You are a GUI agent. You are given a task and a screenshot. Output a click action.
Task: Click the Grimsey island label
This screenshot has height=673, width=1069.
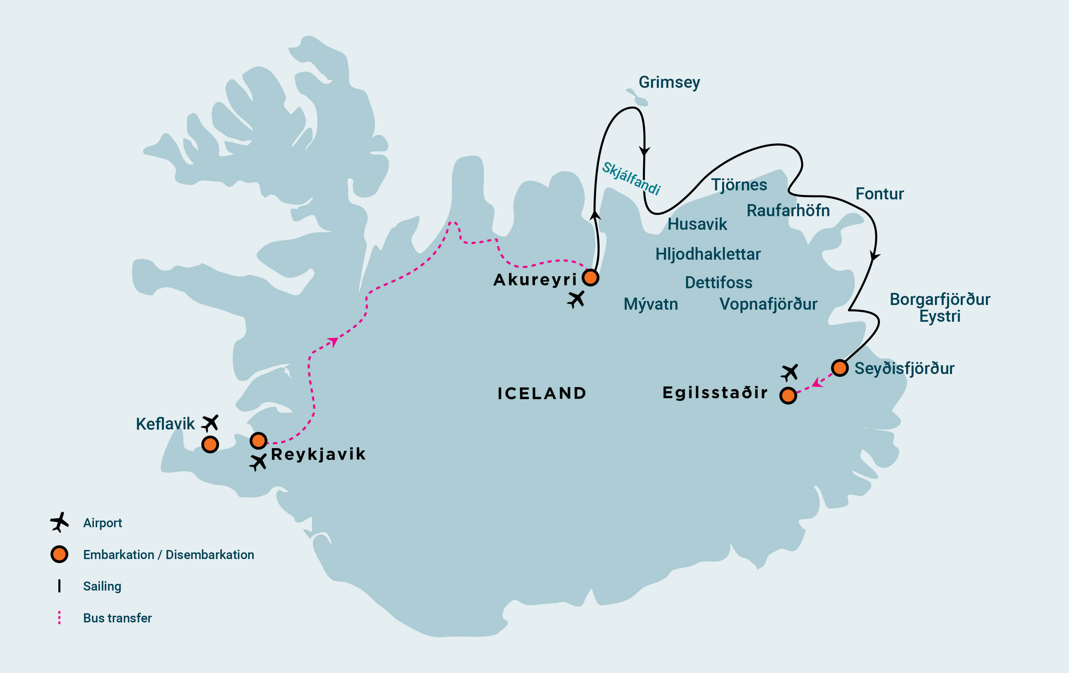(x=669, y=82)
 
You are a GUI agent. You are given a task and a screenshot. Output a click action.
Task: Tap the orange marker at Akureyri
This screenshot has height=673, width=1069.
(x=590, y=278)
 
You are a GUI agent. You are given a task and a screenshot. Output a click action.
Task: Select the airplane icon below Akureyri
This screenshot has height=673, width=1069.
(x=576, y=300)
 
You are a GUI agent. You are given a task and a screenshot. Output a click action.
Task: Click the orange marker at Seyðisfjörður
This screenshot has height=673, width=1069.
(x=839, y=368)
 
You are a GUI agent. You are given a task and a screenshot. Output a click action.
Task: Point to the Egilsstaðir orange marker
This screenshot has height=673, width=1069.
(x=788, y=395)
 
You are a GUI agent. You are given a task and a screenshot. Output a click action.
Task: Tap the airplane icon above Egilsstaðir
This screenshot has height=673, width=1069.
(x=789, y=372)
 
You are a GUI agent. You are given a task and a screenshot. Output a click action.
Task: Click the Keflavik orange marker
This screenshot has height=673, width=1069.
(x=210, y=444)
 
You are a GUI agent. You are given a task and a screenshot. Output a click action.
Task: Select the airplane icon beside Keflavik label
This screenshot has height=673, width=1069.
(x=210, y=423)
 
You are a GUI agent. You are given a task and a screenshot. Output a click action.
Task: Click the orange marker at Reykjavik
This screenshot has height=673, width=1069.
(x=258, y=441)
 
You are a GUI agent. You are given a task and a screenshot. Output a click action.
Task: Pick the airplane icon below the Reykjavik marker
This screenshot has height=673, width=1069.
(x=258, y=463)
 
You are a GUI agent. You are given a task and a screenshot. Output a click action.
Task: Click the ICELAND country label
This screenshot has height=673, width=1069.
(x=542, y=393)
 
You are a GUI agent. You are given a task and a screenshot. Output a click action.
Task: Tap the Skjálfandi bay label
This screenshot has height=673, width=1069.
(x=631, y=178)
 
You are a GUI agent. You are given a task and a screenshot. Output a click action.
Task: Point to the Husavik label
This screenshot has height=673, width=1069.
(x=697, y=224)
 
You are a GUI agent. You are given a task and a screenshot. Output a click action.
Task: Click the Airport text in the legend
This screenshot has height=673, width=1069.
(x=102, y=523)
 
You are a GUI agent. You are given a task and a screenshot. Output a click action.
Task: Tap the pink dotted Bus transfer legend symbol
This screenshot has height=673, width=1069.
(x=59, y=617)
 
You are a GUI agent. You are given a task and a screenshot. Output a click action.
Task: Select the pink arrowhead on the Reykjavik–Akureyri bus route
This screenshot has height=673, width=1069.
(x=333, y=342)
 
